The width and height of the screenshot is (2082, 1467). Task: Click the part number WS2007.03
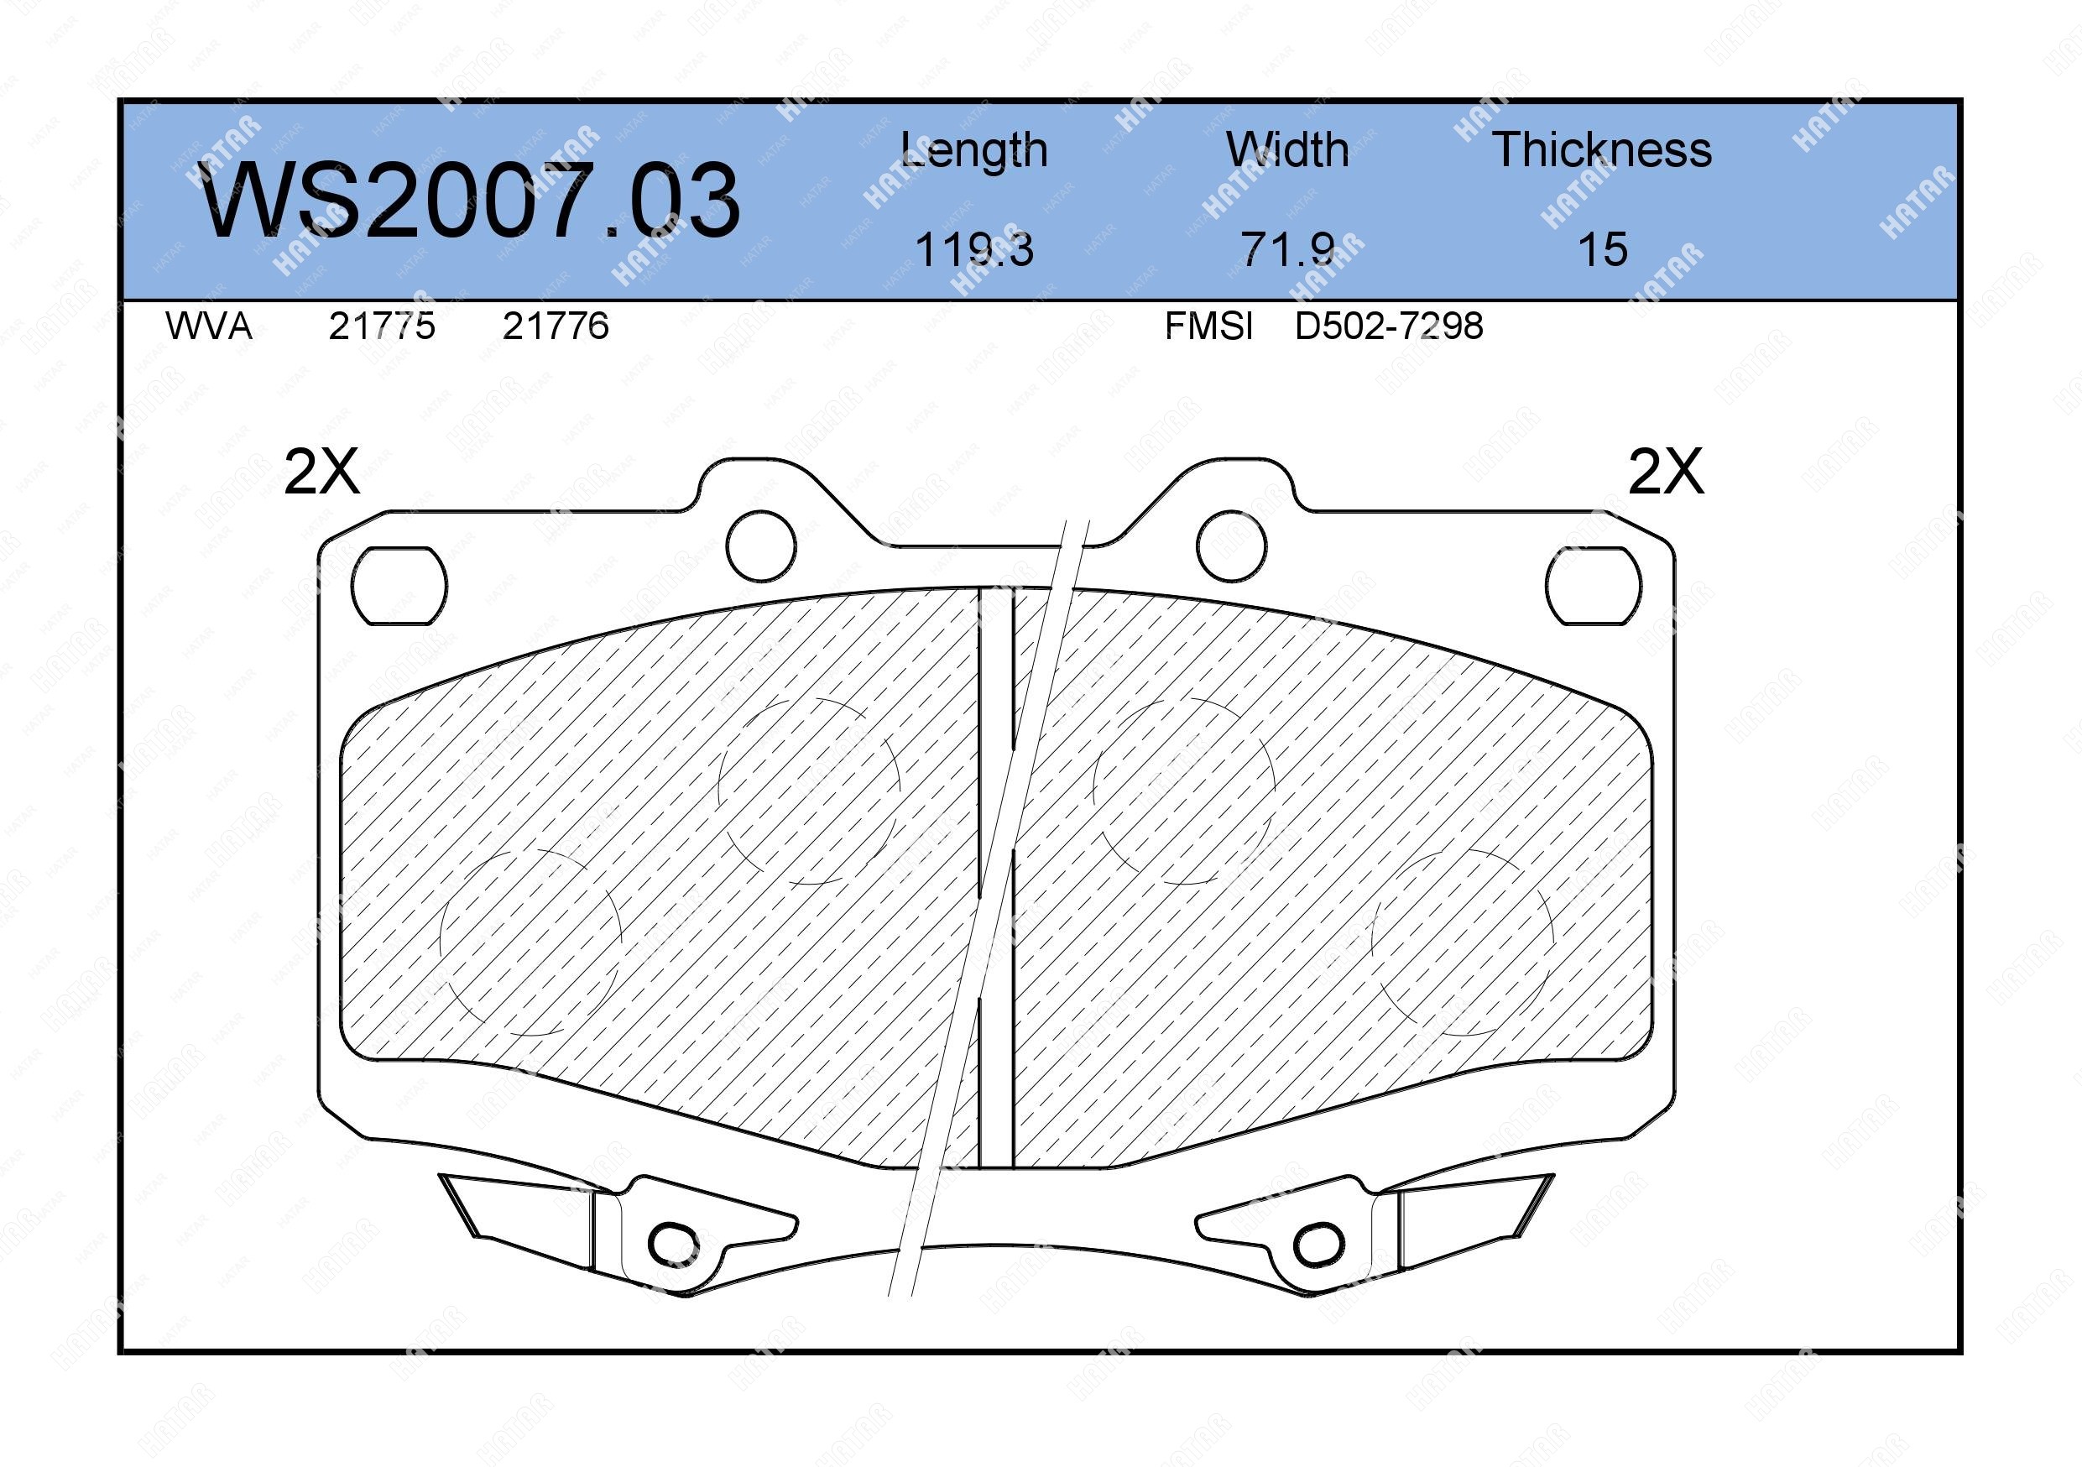[x=469, y=200]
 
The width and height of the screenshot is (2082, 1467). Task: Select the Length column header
[x=974, y=150]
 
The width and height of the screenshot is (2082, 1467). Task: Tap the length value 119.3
[x=974, y=249]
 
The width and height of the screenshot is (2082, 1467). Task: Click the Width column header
[x=1286, y=149]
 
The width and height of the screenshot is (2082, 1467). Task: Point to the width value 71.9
[x=1287, y=249]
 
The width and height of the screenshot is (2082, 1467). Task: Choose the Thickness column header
[x=1602, y=149]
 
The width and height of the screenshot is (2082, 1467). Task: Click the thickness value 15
[x=1602, y=249]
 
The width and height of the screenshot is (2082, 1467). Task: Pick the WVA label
[x=209, y=326]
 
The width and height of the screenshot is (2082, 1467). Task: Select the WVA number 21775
[x=382, y=326]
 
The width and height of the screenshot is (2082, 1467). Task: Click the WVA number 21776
[x=556, y=326]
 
